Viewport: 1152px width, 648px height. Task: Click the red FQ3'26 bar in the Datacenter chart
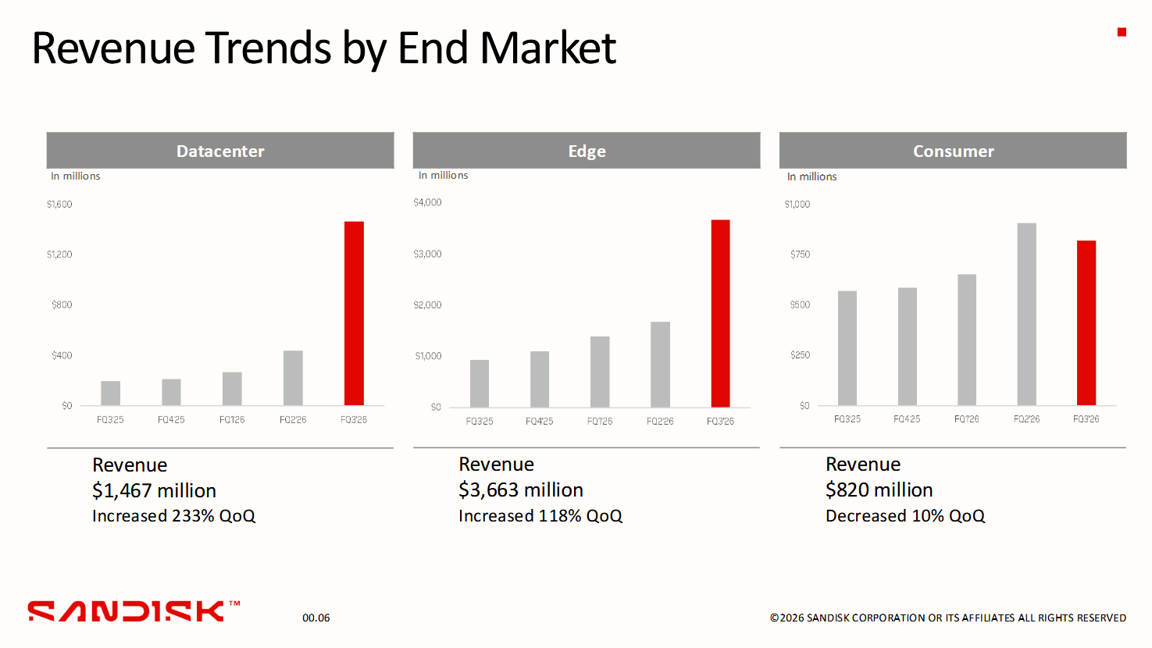point(354,313)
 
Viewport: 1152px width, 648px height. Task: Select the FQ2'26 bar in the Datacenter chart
point(293,378)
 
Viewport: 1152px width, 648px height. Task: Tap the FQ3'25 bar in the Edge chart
point(480,383)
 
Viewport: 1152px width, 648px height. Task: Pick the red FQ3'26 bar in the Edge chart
point(721,314)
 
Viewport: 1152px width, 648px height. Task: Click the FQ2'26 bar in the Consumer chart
point(1026,314)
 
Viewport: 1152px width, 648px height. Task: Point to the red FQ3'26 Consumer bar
point(1086,323)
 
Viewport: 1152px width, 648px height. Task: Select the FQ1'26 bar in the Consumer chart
point(967,340)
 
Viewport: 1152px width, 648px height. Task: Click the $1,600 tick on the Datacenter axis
point(59,205)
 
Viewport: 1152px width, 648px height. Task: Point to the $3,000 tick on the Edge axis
point(427,254)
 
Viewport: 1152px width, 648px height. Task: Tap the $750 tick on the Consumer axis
point(801,254)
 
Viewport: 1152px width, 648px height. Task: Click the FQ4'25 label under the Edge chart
point(540,422)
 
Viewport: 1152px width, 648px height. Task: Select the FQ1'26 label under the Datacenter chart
point(232,420)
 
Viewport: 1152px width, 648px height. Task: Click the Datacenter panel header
point(220,150)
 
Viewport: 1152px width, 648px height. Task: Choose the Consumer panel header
point(953,150)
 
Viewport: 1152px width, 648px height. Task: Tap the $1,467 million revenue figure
point(155,490)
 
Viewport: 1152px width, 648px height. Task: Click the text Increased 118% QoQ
point(540,516)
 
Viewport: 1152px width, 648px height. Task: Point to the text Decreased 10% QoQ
point(905,516)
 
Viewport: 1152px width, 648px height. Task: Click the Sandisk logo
point(134,611)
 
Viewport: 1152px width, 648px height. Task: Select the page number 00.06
point(316,618)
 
